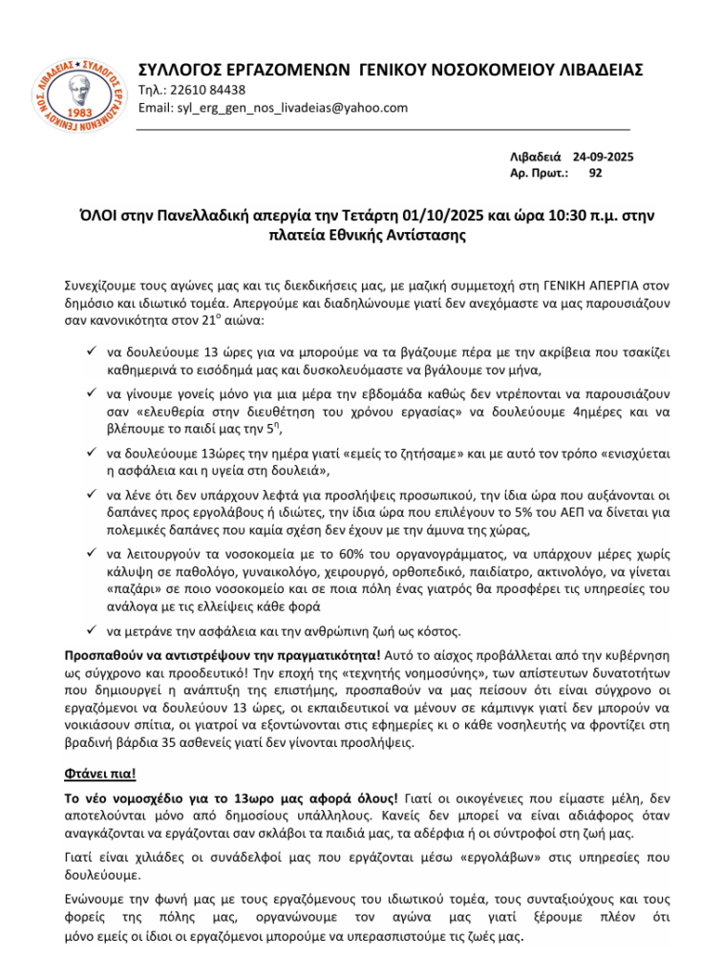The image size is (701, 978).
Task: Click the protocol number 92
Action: point(596,173)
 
